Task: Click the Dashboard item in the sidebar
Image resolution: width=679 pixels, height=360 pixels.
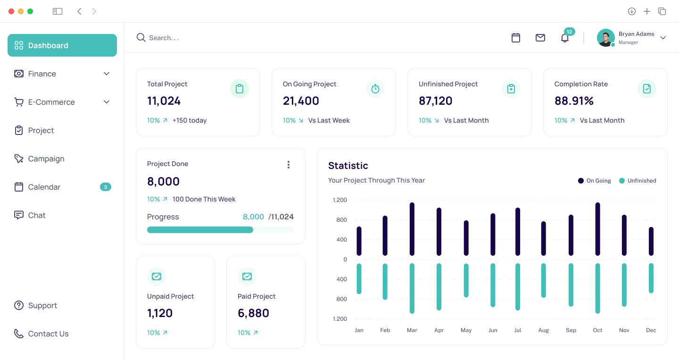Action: click(x=62, y=45)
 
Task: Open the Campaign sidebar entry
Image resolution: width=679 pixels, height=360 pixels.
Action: click(x=46, y=159)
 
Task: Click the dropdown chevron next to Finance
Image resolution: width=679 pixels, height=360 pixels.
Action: click(x=107, y=74)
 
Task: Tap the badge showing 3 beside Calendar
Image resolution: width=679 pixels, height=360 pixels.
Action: click(x=105, y=187)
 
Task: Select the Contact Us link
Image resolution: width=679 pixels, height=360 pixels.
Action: click(x=48, y=334)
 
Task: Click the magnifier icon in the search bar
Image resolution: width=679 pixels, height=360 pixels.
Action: click(x=141, y=38)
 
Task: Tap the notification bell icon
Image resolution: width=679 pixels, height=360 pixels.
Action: click(x=564, y=38)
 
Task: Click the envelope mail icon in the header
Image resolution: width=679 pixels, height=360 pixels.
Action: click(x=540, y=38)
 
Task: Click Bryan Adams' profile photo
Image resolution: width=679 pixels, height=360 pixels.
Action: click(x=605, y=38)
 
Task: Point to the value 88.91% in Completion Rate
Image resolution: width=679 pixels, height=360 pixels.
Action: click(x=574, y=100)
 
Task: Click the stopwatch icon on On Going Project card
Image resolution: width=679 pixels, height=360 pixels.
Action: click(x=375, y=89)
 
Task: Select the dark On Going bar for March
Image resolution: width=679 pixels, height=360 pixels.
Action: click(x=412, y=229)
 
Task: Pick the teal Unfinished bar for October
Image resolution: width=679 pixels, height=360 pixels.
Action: click(x=598, y=288)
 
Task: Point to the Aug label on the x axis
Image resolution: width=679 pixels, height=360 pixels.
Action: click(x=543, y=330)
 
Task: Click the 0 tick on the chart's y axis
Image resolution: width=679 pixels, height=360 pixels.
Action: click(x=345, y=260)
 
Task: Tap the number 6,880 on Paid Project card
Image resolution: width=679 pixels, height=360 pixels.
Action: click(x=253, y=313)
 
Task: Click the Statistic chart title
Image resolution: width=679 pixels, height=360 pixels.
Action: click(x=348, y=166)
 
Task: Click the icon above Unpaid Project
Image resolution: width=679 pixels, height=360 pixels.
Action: click(x=157, y=276)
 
